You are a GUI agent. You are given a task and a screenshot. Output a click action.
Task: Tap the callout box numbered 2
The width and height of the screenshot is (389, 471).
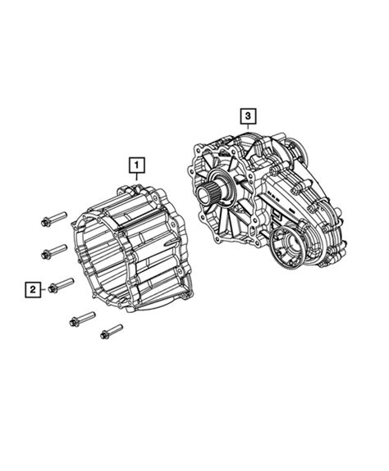point(33,288)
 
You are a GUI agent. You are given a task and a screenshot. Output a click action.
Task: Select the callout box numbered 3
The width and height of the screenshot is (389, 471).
point(246,115)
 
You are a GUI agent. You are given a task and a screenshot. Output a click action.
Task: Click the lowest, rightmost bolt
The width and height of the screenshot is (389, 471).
point(111,332)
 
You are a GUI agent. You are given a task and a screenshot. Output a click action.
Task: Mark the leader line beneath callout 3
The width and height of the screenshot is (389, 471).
point(246,130)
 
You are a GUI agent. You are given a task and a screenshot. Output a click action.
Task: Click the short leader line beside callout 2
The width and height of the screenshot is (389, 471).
point(45,288)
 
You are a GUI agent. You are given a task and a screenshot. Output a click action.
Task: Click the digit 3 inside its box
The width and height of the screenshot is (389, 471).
point(246,115)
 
